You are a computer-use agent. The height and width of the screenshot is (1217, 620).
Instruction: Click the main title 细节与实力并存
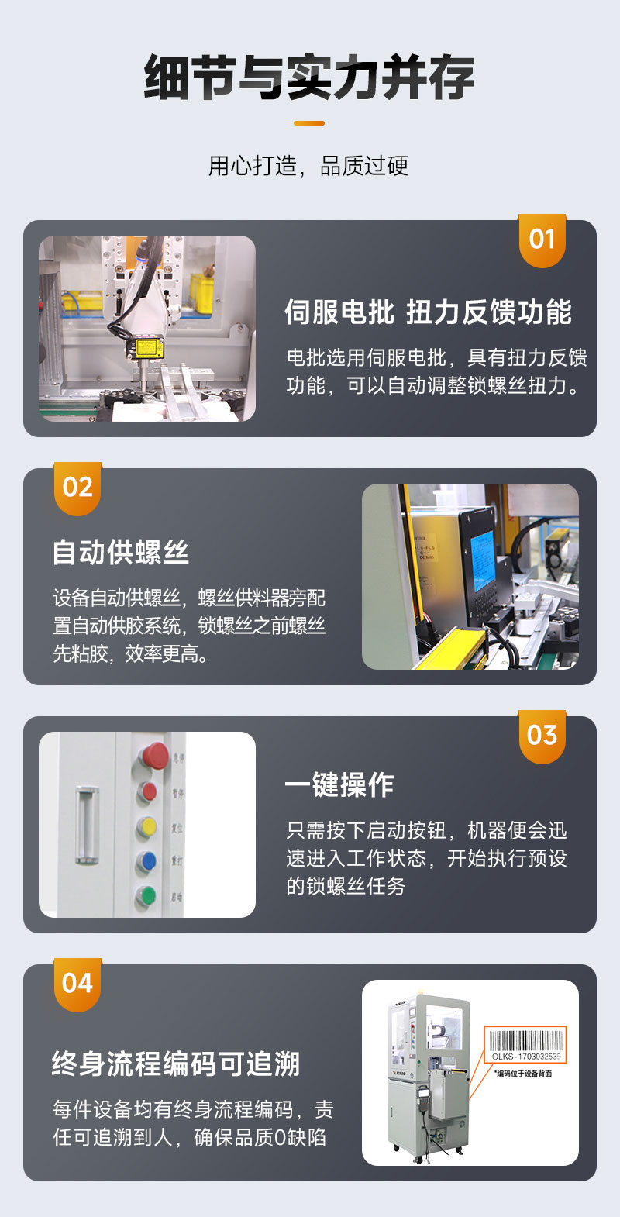(x=309, y=78)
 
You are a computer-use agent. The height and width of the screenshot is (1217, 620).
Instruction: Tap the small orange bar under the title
(x=309, y=122)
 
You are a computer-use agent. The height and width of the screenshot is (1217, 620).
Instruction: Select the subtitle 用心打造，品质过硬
(x=308, y=166)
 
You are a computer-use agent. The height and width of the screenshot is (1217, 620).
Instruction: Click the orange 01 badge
(x=542, y=240)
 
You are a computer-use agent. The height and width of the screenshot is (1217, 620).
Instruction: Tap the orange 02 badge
(x=77, y=488)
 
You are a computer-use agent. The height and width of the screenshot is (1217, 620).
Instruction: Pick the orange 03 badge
(x=542, y=736)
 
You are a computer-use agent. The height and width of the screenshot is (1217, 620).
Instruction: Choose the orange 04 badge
(x=77, y=984)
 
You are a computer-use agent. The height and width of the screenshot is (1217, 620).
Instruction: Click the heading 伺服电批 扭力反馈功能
(x=428, y=312)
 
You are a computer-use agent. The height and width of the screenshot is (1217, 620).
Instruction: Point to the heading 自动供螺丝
(x=121, y=553)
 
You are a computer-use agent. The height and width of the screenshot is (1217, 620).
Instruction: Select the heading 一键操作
(x=339, y=785)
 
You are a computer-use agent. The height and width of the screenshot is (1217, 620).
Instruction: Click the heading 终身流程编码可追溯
(x=176, y=1064)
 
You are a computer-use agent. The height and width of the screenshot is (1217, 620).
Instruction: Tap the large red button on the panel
(x=154, y=755)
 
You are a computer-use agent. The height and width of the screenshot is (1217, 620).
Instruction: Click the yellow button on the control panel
(x=146, y=827)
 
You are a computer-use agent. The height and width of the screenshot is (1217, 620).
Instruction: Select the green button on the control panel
(x=146, y=896)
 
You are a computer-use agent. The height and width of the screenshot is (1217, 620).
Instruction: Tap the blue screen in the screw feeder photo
(x=482, y=560)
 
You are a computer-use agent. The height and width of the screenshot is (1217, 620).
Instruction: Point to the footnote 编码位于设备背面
(x=524, y=1074)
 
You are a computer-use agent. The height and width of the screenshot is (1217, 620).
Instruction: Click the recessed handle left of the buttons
(x=87, y=826)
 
